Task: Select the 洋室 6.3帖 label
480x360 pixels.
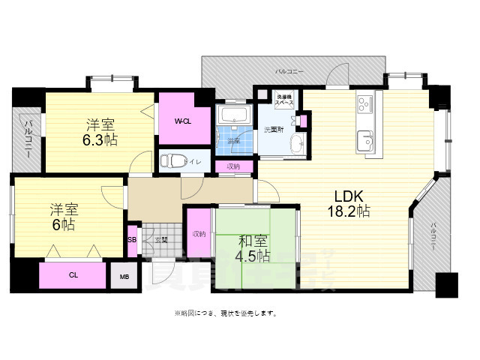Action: pos(100,131)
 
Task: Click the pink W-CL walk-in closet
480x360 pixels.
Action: pos(181,120)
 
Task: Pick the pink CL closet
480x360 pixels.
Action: pos(73,275)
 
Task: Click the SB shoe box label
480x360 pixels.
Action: pos(132,241)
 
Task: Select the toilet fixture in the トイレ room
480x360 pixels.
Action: pos(170,160)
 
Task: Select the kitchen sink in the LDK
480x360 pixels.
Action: pos(365,139)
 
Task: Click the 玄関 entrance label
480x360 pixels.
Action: pos(161,240)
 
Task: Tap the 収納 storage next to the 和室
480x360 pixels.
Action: pos(199,234)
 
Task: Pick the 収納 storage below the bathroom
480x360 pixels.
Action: pos(232,166)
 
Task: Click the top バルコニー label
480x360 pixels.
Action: pos(289,70)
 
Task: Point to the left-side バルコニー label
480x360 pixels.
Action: pos(27,136)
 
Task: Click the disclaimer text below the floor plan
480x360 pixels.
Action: pos(225,312)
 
